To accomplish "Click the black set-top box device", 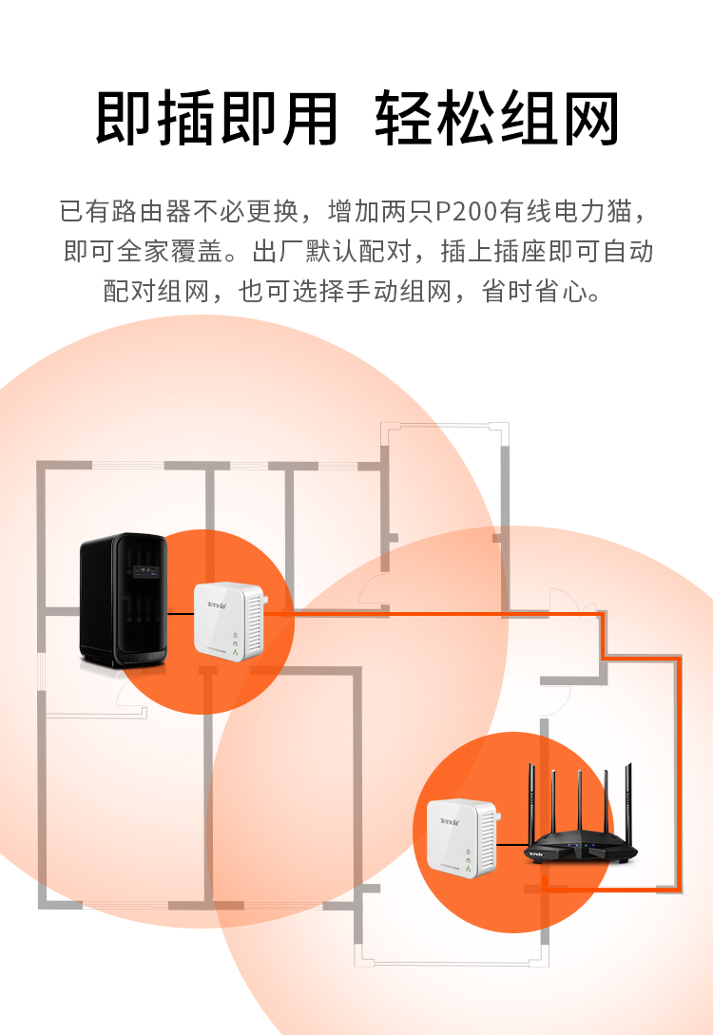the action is [x=124, y=599].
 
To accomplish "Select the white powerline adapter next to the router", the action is [x=462, y=837].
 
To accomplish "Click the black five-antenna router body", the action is [x=581, y=848].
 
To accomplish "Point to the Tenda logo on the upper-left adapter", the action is [x=217, y=604].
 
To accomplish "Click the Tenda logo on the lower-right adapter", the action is [x=450, y=821].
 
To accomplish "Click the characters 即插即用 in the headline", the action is [x=217, y=119].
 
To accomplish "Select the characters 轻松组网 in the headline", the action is [x=496, y=119].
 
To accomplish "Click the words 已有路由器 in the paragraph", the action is [x=125, y=211].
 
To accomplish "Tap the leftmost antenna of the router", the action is [x=531, y=802].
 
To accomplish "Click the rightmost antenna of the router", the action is [x=628, y=804].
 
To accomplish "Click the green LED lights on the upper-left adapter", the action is [x=235, y=642].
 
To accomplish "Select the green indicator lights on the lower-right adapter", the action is [x=468, y=860].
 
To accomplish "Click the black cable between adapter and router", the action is [x=513, y=844].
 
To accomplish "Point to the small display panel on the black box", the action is [x=145, y=571].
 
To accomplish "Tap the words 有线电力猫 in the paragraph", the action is [x=567, y=211].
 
